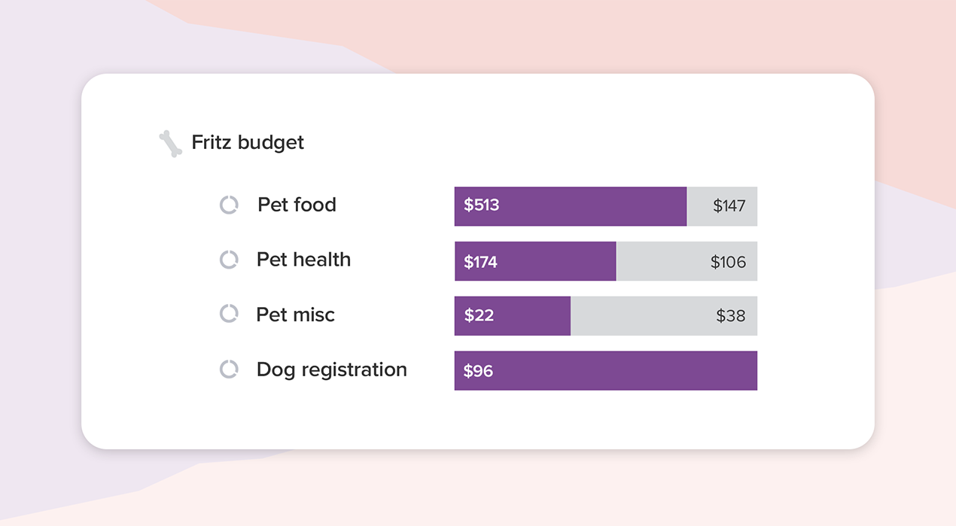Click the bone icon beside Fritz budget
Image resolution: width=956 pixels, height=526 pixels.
(x=171, y=143)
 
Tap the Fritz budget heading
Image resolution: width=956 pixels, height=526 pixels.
(x=248, y=142)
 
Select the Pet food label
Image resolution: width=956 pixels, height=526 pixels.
(x=297, y=205)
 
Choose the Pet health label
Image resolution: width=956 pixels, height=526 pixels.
(x=303, y=260)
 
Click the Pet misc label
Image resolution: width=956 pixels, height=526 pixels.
(x=295, y=315)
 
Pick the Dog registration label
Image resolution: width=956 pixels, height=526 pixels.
(x=331, y=369)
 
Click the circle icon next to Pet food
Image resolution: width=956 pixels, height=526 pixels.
(x=229, y=205)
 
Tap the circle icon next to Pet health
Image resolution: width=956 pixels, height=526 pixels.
(x=229, y=260)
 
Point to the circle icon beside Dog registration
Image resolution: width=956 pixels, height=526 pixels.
(x=229, y=369)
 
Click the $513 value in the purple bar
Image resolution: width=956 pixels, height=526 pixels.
(x=482, y=205)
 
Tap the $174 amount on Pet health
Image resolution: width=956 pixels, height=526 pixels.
(x=480, y=262)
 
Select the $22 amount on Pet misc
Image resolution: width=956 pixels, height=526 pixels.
(x=479, y=316)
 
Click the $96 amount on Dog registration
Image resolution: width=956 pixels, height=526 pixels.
(x=478, y=371)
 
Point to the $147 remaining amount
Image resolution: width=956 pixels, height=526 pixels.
(x=729, y=206)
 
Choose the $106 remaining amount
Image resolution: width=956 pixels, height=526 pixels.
(x=728, y=262)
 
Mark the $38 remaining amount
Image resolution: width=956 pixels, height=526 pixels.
(x=730, y=316)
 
